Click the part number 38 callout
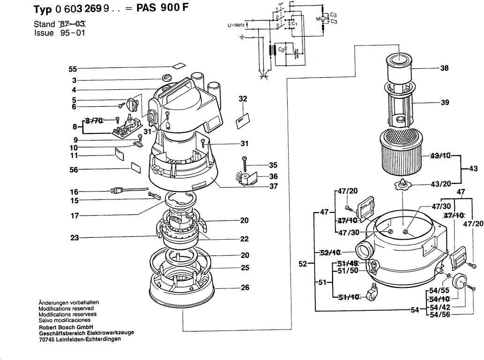[445, 68]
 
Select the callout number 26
[245, 288]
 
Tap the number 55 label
[73, 69]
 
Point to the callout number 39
[445, 103]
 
